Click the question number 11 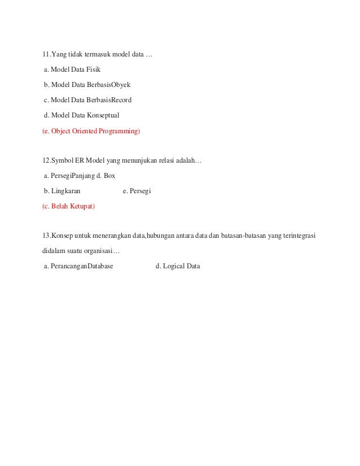click(x=46, y=55)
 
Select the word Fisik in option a click(x=92, y=70)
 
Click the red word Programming click(x=120, y=131)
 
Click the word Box click(x=109, y=176)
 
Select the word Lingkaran click(x=65, y=191)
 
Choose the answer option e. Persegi click(x=137, y=191)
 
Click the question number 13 click(x=46, y=235)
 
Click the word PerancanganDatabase click(x=82, y=265)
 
